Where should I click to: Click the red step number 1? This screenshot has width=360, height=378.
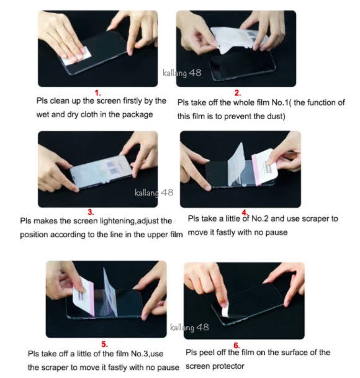coord(97,93)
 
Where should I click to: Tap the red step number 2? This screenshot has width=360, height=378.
coord(238,93)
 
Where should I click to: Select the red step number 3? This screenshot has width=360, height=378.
coord(91,212)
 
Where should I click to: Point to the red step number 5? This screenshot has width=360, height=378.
coord(104,344)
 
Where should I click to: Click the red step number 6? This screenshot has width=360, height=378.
coord(236,346)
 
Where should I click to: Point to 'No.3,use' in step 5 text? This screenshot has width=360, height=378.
coord(147,354)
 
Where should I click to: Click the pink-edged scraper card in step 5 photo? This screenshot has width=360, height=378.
coord(83,296)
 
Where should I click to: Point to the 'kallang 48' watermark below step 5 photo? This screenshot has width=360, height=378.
coord(189,327)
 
